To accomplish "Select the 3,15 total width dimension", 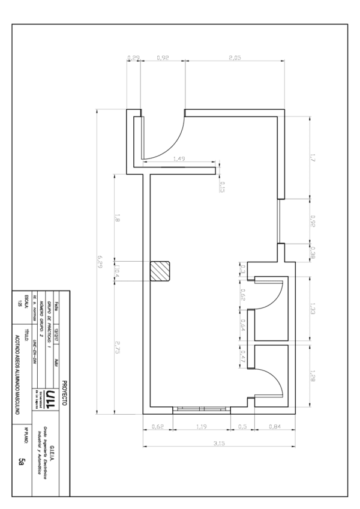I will coord(219,442).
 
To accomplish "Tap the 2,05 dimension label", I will coord(235,58).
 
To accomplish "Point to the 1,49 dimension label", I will coord(178,159).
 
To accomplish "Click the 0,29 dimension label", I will coord(134,58).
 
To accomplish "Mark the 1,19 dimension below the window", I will coord(202,427).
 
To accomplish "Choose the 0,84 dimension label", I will coord(273,427).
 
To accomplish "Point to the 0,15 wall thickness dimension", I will coord(223,186).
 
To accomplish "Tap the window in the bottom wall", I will coord(202,410).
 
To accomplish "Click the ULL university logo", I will coord(52,397).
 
